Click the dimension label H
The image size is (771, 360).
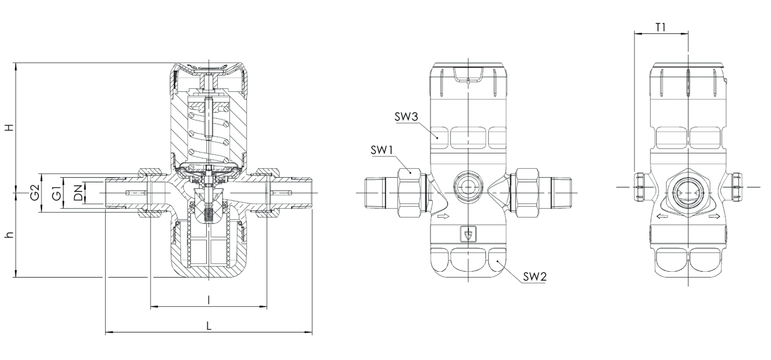[x=11, y=127]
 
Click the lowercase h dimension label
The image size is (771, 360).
[x=11, y=234]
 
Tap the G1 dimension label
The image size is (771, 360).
[x=57, y=193]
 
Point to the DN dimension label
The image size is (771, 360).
[x=79, y=193]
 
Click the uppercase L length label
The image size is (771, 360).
[x=209, y=326]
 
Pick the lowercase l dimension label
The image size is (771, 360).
[x=209, y=300]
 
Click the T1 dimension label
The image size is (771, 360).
[x=661, y=27]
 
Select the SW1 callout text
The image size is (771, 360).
[x=382, y=150]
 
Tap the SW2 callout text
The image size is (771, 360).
[x=535, y=276]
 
